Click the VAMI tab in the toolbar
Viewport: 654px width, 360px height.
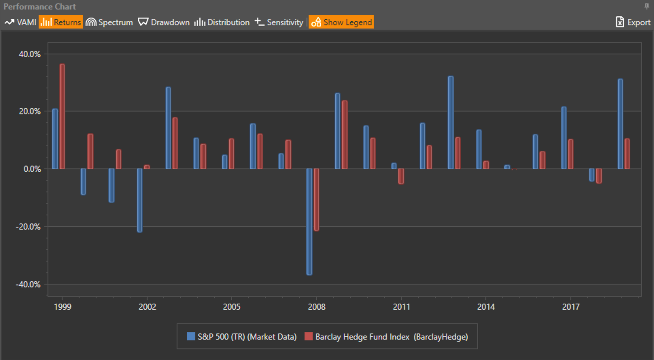click(21, 22)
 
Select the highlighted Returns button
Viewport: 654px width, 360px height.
click(61, 22)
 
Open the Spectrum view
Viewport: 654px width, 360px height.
click(110, 22)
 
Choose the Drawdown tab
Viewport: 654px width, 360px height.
click(164, 22)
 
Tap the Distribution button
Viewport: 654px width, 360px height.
click(222, 22)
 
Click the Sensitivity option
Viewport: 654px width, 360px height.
click(279, 22)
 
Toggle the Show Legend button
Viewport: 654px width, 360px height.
click(341, 22)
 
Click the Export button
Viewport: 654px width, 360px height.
click(633, 22)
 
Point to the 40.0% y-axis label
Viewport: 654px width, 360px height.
click(30, 54)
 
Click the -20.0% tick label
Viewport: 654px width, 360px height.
click(29, 227)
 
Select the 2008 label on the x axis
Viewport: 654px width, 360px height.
click(316, 307)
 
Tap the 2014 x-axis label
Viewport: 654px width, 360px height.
click(486, 307)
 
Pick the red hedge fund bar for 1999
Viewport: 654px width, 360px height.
click(62, 116)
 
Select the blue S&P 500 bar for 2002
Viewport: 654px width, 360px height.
click(140, 200)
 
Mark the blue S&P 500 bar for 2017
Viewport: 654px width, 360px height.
click(564, 138)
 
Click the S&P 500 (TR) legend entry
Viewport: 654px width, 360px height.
click(242, 337)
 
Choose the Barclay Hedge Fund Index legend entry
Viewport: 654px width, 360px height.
click(386, 337)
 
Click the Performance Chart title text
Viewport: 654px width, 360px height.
click(40, 7)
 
